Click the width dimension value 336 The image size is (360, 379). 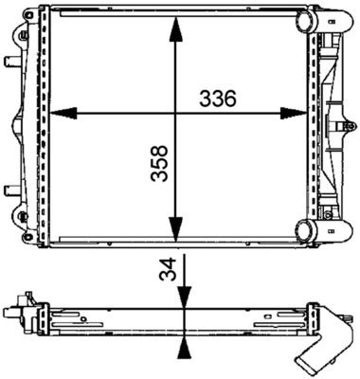click(217, 98)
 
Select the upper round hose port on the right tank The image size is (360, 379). click(307, 21)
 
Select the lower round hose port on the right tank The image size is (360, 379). click(307, 229)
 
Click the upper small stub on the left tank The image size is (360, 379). click(10, 63)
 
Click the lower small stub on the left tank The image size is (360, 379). click(10, 187)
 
